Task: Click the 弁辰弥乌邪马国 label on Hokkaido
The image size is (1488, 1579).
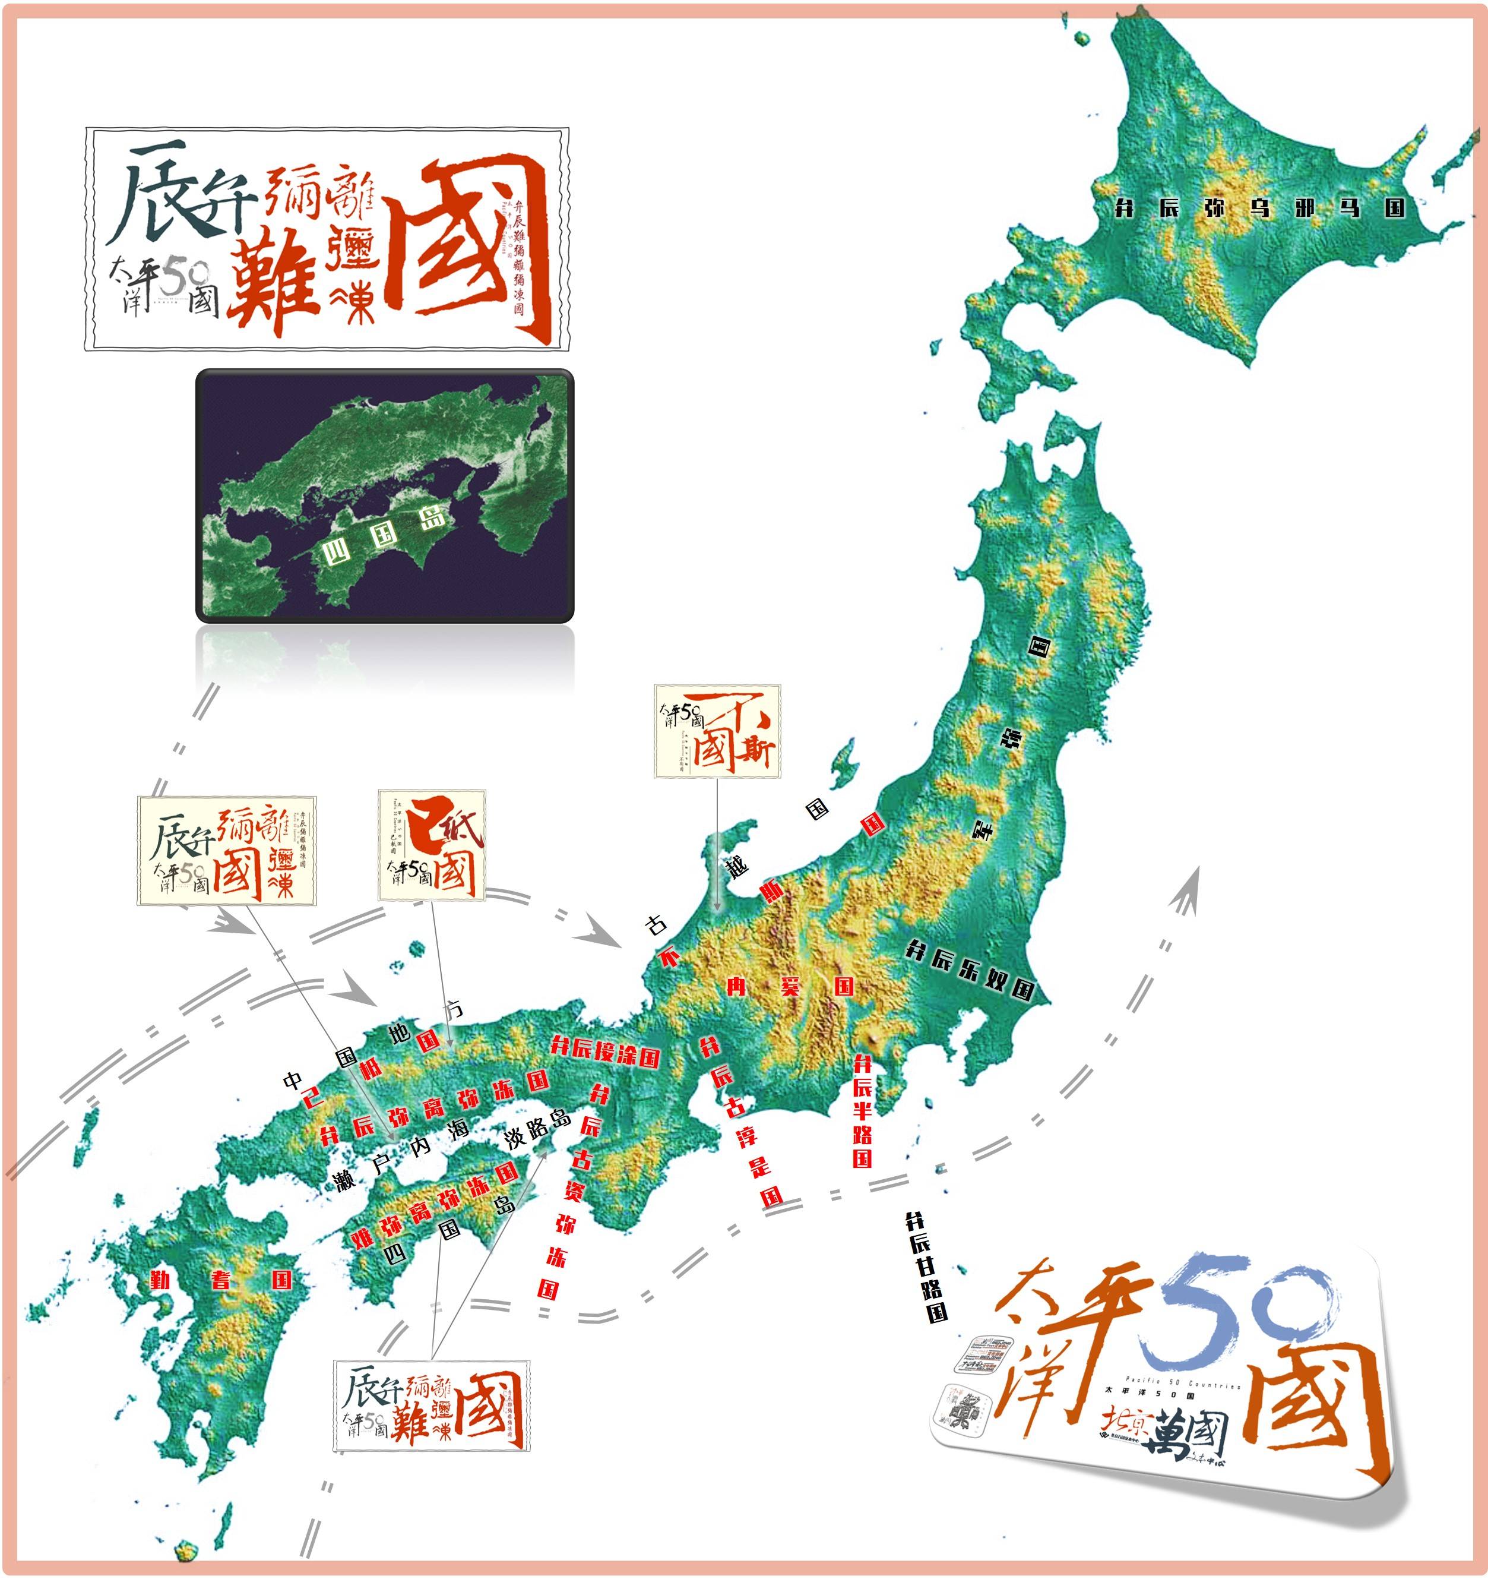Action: click(1259, 208)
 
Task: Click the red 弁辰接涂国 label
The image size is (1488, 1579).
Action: click(605, 1053)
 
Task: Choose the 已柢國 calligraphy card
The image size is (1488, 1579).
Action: click(432, 845)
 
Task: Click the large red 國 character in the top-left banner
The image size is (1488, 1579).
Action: click(468, 246)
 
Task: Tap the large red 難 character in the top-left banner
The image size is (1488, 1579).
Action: click(274, 282)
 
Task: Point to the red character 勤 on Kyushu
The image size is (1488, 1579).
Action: click(160, 1280)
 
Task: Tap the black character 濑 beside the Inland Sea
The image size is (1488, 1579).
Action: click(344, 1181)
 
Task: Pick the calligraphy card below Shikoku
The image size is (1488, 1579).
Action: click(431, 1405)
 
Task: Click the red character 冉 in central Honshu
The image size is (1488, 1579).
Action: click(737, 987)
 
